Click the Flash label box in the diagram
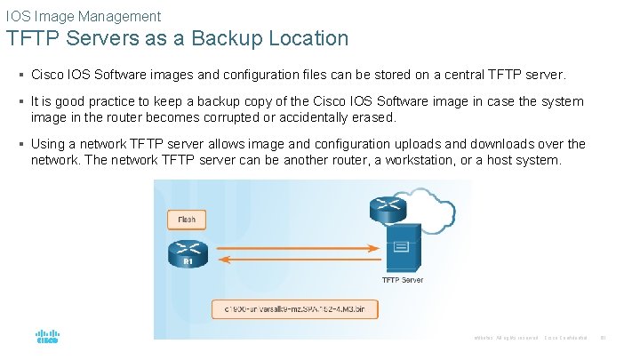pos(187,219)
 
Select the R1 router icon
pos(188,253)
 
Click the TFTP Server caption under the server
pos(403,280)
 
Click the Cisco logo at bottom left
pos(46,338)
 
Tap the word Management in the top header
pos(120,16)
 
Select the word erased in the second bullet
pos(372,117)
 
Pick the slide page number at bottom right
pos(603,338)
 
